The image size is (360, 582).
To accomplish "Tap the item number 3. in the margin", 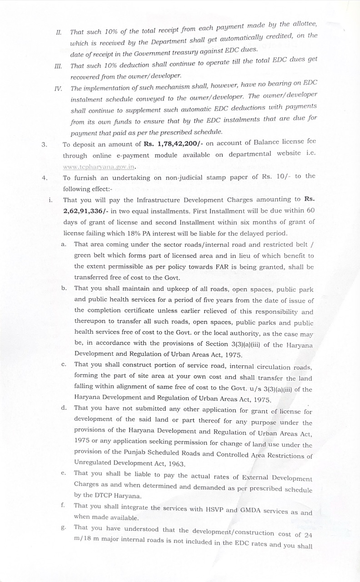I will (x=44, y=145).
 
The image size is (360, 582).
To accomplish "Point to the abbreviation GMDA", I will (x=251, y=510).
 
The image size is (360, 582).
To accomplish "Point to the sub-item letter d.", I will (x=64, y=408).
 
